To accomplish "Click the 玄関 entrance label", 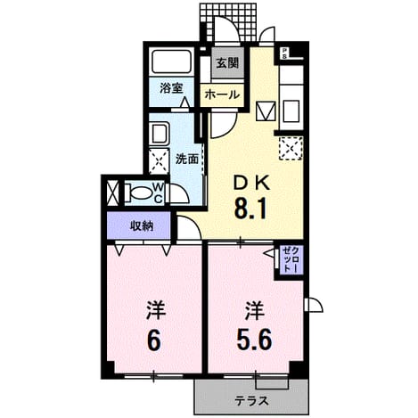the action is (227, 63).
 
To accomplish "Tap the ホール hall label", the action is (222, 94).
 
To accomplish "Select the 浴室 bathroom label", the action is (171, 88).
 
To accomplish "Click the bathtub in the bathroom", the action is (171, 61).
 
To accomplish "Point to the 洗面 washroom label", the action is (187, 160).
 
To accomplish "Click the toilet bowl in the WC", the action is (140, 193).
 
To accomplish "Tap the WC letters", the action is (159, 193).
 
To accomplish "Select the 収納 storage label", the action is (142, 226).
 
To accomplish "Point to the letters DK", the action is (251, 183).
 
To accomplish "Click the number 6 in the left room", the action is (154, 340).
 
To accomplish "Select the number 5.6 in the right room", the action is (254, 340).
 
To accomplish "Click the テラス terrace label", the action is (251, 401).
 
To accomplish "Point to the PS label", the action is (284, 53).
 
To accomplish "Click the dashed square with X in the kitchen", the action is (291, 148).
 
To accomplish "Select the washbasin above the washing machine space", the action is (160, 134).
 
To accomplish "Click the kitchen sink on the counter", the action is (291, 111).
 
